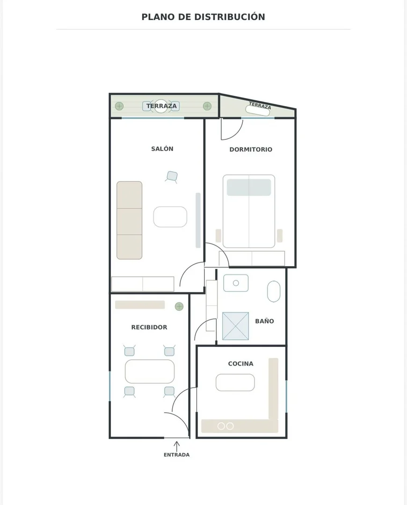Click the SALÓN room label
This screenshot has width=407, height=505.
[162, 149]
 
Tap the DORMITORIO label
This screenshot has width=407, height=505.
[251, 150]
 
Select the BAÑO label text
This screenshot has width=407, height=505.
[264, 321]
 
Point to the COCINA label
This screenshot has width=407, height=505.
[241, 364]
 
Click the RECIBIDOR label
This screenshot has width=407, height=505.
[149, 327]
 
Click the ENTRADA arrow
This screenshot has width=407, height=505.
[176, 446]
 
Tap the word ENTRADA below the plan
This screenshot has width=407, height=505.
[176, 455]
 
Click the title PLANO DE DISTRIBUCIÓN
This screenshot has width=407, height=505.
[203, 17]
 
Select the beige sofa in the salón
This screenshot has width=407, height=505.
[129, 220]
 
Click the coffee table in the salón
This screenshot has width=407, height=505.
[170, 217]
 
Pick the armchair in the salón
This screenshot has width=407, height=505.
[172, 176]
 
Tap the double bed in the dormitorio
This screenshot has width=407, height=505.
[249, 211]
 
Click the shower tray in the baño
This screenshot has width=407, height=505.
[236, 326]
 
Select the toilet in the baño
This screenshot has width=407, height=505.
[274, 291]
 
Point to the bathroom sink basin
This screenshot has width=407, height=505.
[236, 283]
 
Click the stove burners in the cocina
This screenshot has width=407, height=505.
[225, 426]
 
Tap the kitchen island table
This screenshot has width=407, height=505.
[235, 382]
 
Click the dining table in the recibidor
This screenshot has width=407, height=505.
[150, 371]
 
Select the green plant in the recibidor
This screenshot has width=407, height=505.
[179, 306]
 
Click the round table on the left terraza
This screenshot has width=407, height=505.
[161, 106]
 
